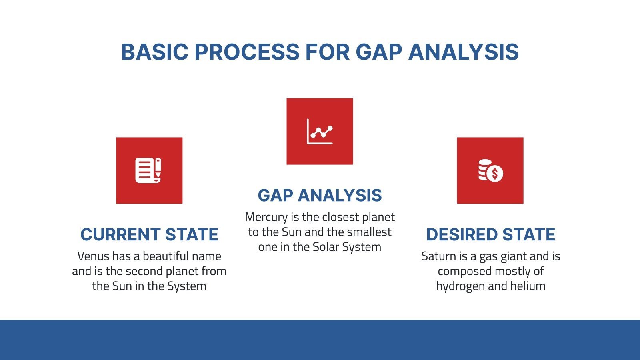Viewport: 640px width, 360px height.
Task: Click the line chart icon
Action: coord(320,131)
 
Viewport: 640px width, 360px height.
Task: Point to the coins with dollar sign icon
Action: coord(490,171)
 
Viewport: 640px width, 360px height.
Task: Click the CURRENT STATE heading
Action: coord(149,234)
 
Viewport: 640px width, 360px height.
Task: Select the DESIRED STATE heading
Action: coord(490,234)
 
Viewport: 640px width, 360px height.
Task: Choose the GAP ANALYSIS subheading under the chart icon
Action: coord(320,196)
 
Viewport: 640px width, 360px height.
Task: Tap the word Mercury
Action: coord(266,217)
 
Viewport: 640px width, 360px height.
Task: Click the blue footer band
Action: coord(320,340)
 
